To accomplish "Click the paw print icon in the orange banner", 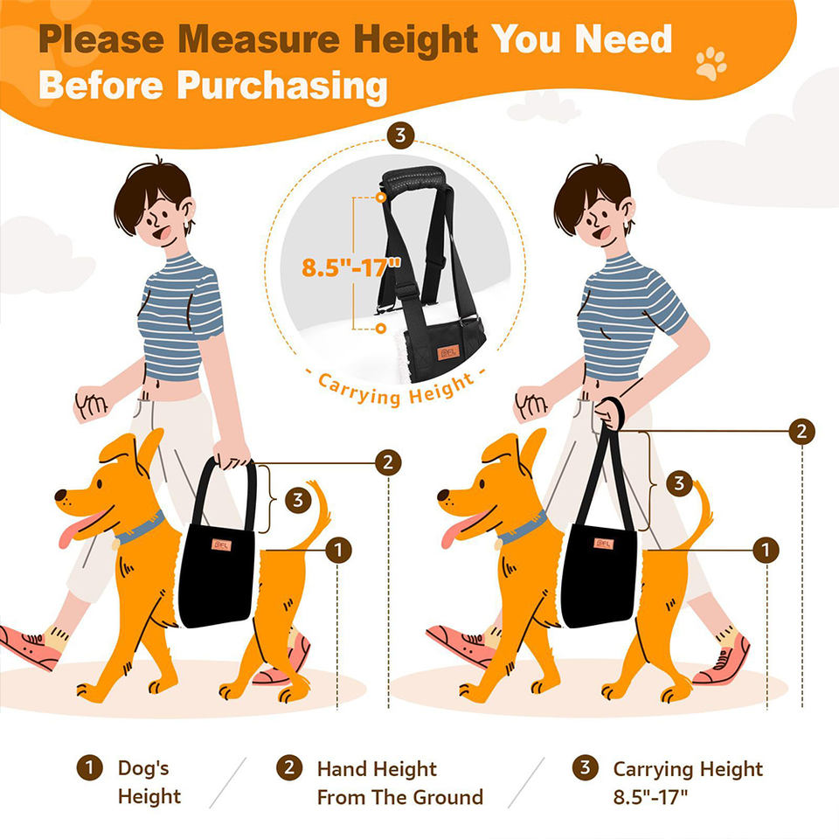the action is pos(711,64).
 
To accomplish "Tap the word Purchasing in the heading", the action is pos(282,87).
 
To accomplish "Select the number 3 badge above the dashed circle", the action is pos(401,136).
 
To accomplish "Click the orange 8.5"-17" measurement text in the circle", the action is pos(351,267).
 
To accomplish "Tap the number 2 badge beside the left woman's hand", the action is pos(388,462).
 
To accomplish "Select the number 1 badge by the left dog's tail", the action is pos(338,550).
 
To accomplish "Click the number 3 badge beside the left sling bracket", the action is pos(298,500).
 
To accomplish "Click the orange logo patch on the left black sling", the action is pos(221,544).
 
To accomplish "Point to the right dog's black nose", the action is pos(444,496).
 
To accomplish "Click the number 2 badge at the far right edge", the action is pos(801,431).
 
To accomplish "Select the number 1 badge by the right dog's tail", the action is pos(766,550).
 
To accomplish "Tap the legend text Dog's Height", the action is pos(149,781).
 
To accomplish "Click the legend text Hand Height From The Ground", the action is pos(399,783).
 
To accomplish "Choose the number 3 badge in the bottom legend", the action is pos(586,767).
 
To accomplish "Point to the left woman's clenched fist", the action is pos(92,404).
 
